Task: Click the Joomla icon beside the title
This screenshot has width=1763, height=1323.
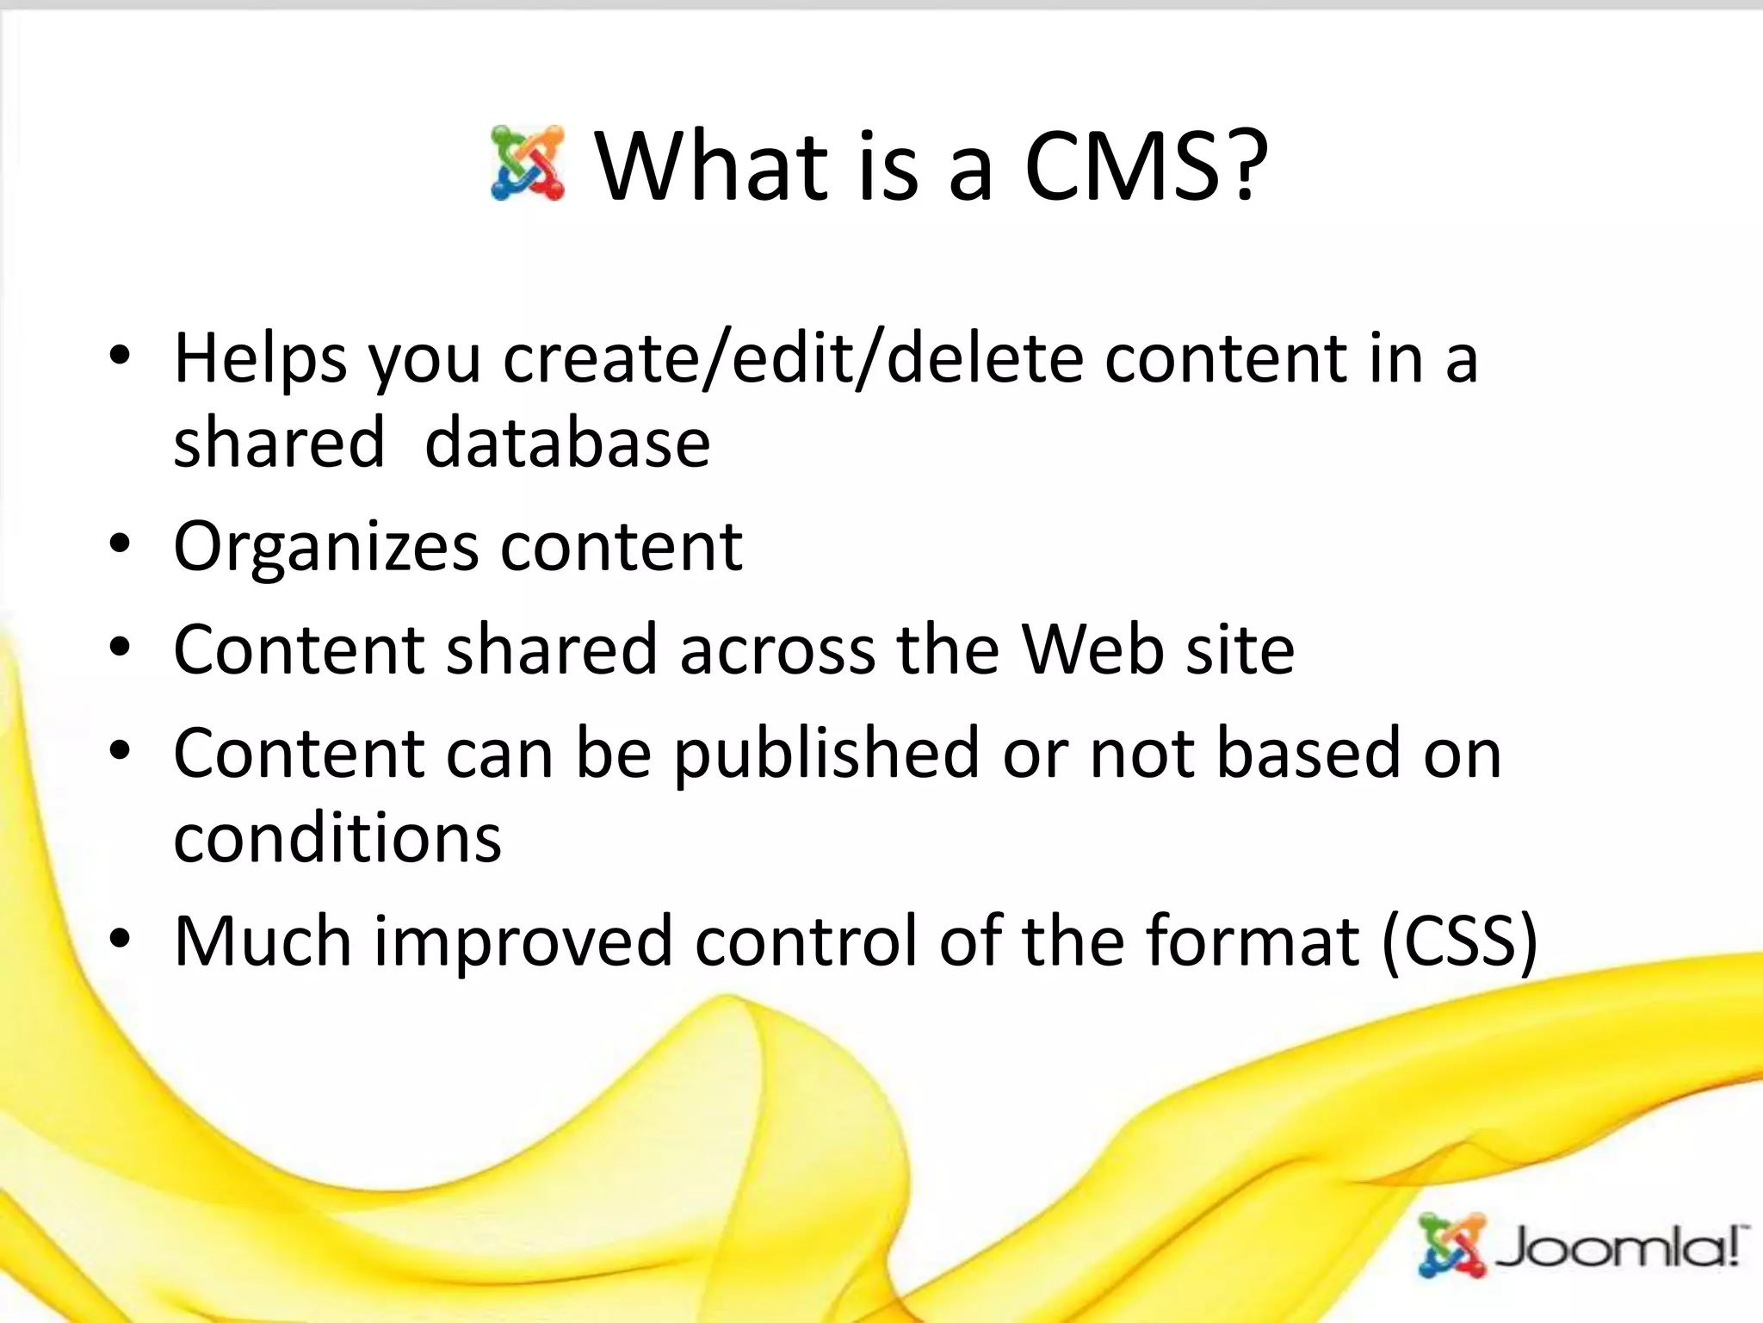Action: pyautogui.click(x=528, y=164)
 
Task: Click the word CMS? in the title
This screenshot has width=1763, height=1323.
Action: pyautogui.click(x=1146, y=165)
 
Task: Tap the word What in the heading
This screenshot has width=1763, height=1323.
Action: pyautogui.click(x=712, y=165)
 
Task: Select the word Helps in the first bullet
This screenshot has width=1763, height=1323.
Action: pyautogui.click(x=261, y=359)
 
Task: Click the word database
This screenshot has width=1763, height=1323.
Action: pyautogui.click(x=567, y=443)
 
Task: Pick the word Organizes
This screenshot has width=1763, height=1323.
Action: pyautogui.click(x=326, y=547)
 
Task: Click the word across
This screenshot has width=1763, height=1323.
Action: pyautogui.click(x=776, y=649)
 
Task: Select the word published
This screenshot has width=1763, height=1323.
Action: pyautogui.click(x=826, y=754)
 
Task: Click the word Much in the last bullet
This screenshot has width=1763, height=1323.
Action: pyautogui.click(x=263, y=941)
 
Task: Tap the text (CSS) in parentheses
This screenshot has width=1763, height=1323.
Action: pyautogui.click(x=1459, y=941)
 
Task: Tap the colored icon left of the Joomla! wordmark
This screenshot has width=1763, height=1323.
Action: pyautogui.click(x=1452, y=1245)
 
